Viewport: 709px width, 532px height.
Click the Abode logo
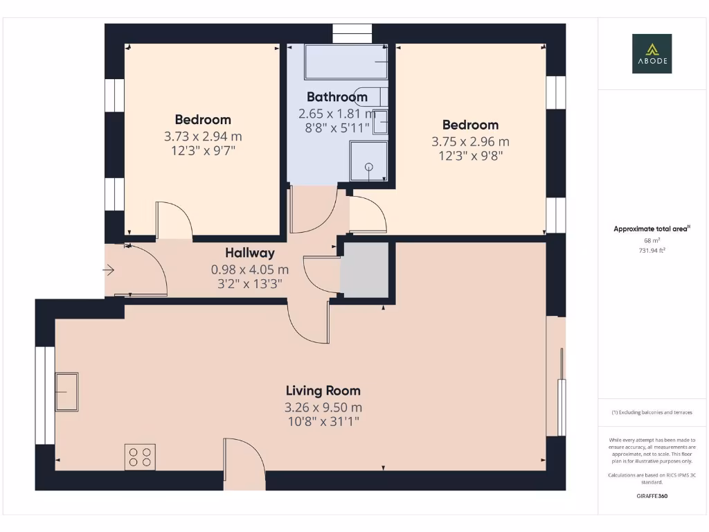[x=652, y=54]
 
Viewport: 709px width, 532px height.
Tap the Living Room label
[x=323, y=391]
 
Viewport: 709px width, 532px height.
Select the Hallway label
[x=249, y=254]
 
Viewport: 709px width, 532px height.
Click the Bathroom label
[x=336, y=97]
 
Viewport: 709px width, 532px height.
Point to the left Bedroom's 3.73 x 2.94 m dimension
[x=203, y=136]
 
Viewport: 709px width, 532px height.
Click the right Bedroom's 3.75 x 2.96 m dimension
[x=470, y=142]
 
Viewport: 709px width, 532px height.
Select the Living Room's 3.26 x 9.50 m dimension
[x=323, y=407]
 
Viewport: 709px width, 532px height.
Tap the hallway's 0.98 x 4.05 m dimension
[x=249, y=269]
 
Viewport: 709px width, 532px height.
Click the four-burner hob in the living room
[x=140, y=457]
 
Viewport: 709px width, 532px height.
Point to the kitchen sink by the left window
[x=66, y=392]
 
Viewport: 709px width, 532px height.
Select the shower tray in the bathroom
[x=368, y=161]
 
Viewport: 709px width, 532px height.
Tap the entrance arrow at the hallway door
[x=110, y=270]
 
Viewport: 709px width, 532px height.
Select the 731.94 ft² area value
[x=652, y=251]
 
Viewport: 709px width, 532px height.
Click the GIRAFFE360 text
[x=652, y=496]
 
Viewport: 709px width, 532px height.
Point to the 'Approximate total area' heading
[x=652, y=229]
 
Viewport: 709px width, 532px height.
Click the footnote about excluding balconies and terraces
[x=652, y=412]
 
